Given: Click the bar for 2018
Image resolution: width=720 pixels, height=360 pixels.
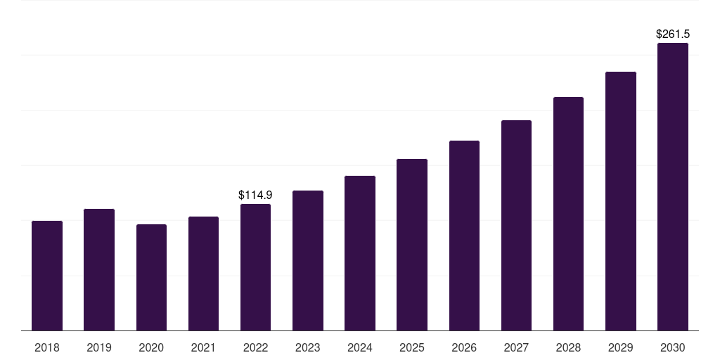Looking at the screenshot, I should coord(47,276).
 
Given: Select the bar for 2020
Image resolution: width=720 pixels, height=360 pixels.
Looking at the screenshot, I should coord(151,278).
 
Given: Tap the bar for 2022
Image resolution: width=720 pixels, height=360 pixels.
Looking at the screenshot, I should coord(255,267).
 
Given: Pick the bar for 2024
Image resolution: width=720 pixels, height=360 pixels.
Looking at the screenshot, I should coord(360,253).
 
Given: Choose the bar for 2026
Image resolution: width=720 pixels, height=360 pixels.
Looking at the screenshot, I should coord(464,236).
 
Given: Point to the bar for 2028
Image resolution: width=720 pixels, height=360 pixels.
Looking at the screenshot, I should coord(568,214).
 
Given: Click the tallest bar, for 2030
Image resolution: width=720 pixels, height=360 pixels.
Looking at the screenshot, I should coord(673,186).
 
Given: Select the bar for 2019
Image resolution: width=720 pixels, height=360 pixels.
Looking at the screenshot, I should coord(99,269).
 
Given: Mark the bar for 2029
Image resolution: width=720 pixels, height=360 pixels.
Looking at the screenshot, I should coord(621,201).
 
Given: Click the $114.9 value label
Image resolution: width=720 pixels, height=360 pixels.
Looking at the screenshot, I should coord(255,195).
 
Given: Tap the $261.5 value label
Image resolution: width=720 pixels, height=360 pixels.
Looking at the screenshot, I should coord(673,34).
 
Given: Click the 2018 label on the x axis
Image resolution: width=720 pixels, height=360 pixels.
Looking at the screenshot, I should coord(47,347).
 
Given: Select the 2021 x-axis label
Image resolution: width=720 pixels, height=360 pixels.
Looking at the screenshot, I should coord(203,347).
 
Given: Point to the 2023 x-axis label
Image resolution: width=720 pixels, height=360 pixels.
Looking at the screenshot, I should coord(307,347).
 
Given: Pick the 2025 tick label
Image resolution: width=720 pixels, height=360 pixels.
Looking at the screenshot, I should coord(412,347).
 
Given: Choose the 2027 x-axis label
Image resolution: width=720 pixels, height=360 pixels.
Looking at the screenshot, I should coord(516,347).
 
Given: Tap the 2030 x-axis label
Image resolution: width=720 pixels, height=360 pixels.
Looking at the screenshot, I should coord(673,347).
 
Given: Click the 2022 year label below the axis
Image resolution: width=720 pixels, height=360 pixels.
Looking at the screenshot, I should coord(255,347).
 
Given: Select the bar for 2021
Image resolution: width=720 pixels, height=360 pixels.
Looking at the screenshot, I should coord(203,274).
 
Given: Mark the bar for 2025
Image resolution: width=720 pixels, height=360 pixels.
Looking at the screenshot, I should coord(412,245).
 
